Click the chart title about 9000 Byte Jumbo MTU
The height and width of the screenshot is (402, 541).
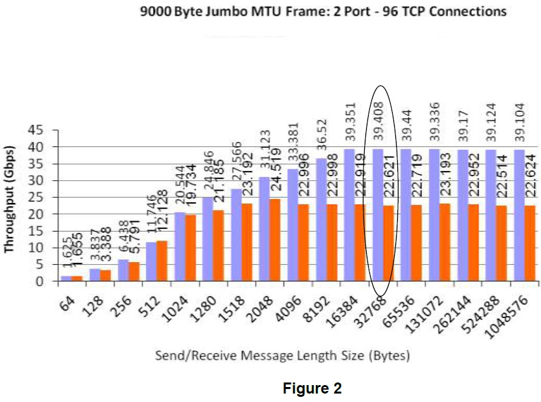(x=323, y=12)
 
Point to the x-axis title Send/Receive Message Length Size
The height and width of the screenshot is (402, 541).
(x=282, y=356)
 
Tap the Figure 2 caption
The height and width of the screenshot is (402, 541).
(x=311, y=388)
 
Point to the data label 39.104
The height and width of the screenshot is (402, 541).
(x=519, y=121)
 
